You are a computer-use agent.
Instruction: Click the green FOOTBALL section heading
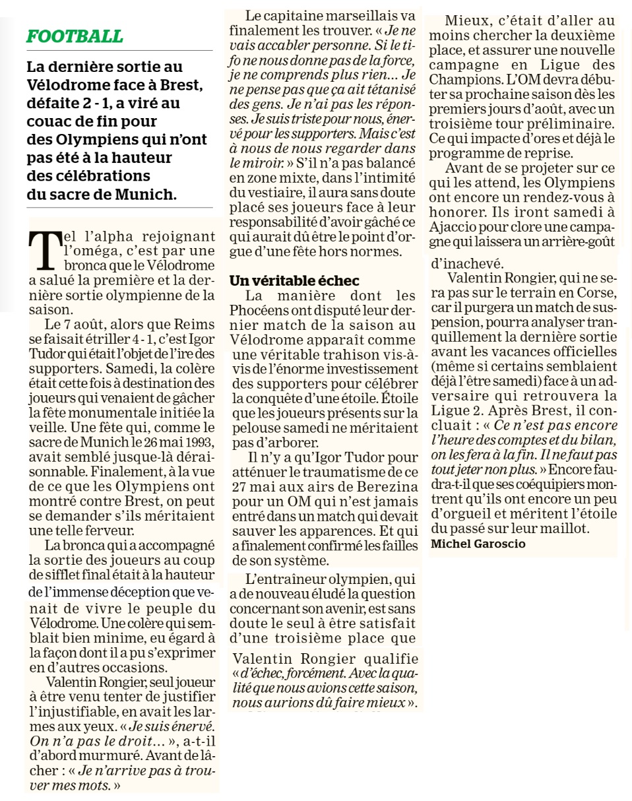click(75, 36)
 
